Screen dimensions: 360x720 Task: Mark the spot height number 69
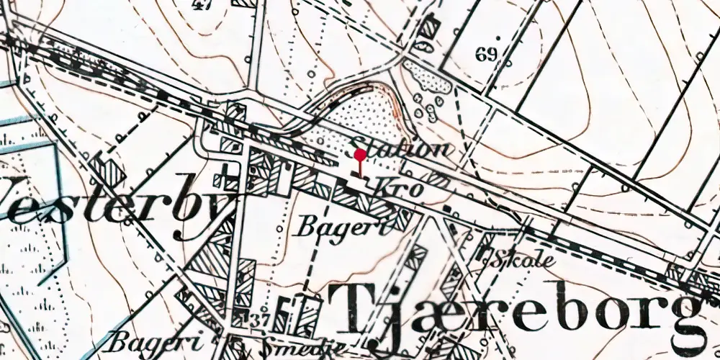pos(487,54)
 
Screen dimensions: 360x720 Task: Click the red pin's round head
pos(360,154)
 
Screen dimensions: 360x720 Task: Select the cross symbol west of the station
pos(228,171)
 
